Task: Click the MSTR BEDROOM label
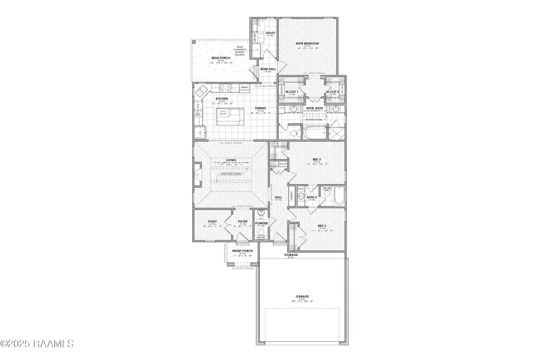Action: point(307,44)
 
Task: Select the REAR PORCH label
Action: point(221,58)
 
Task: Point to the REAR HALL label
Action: point(268,69)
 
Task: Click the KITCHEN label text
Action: point(222,98)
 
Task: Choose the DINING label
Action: point(261,109)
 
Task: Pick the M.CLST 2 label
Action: point(331,92)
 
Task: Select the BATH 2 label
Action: point(311,196)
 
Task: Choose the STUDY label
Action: point(212,222)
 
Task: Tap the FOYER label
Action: point(242,222)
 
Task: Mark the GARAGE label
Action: point(302,296)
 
